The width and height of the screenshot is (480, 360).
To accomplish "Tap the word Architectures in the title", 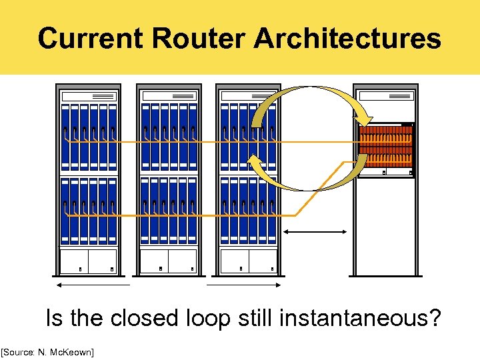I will [x=347, y=39].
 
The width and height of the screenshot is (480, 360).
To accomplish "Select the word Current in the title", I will [x=91, y=39].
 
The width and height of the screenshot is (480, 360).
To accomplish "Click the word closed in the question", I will [x=145, y=317].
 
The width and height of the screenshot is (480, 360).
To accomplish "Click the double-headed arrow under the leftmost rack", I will [x=93, y=284].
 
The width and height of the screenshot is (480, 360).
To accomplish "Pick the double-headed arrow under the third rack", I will [x=243, y=284].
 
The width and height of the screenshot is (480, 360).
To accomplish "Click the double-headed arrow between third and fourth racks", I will [x=315, y=232].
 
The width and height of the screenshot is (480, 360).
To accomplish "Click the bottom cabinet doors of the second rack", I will [x=168, y=261].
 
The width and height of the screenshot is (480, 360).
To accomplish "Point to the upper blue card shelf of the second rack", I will [x=168, y=137].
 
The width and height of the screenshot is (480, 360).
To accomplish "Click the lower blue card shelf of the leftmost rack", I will [x=89, y=210].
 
